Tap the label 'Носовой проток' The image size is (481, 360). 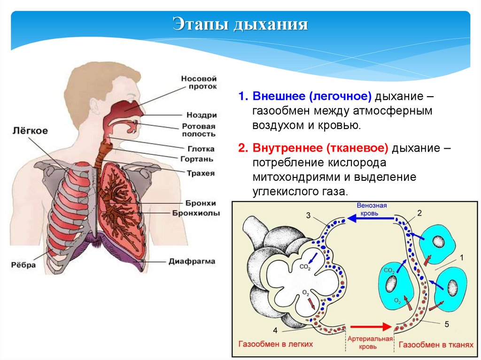pyautogui.click(x=199, y=83)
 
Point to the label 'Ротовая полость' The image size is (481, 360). pyautogui.click(x=199, y=130)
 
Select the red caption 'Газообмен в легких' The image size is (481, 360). pyautogui.click(x=276, y=345)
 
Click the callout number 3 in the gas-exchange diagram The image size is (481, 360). pyautogui.click(x=308, y=215)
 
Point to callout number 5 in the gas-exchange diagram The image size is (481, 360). pyautogui.click(x=447, y=323)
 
